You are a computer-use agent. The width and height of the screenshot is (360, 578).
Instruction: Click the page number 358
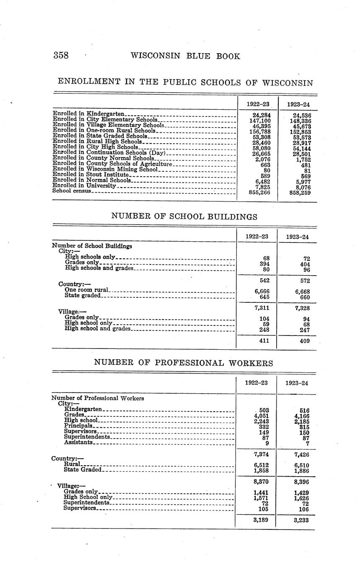[x=61, y=56]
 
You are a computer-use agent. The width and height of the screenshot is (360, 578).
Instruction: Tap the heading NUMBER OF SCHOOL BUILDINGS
[x=184, y=217]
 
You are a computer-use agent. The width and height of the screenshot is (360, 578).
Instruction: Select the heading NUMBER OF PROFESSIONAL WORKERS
[x=184, y=363]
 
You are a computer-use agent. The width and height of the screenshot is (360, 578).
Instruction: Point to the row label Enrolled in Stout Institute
[x=91, y=175]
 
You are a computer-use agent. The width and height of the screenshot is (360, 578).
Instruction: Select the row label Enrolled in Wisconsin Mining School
[x=105, y=169]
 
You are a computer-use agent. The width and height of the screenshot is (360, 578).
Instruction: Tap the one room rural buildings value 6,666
[x=262, y=292]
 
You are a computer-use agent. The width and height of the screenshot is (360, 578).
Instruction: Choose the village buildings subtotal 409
[x=305, y=341]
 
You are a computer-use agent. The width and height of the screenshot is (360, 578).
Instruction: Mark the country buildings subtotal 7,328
[x=301, y=308]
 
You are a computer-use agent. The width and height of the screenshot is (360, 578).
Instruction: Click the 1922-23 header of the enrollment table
[x=258, y=104]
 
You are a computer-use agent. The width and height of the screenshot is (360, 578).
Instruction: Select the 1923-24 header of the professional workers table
[x=297, y=382]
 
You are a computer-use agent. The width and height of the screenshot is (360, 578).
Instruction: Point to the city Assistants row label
[x=79, y=442]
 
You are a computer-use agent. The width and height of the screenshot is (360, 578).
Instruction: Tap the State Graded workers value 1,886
[x=302, y=470]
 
